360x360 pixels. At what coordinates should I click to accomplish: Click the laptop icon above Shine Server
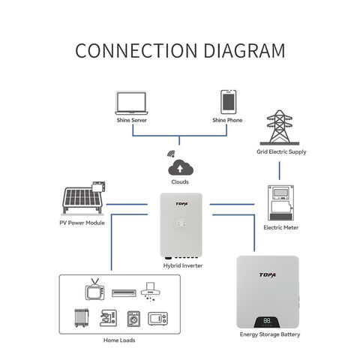coord(131,103)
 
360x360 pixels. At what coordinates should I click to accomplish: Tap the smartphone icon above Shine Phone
coord(228,102)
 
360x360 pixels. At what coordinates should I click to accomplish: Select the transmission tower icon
coord(280,127)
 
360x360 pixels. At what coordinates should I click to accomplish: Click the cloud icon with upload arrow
coord(181,167)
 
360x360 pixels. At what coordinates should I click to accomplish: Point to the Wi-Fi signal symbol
coord(171,154)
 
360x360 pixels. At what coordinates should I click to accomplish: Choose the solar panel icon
coord(83,198)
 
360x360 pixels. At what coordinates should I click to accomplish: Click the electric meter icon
coord(280,202)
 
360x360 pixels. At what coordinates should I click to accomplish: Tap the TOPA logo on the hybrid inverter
coord(181,204)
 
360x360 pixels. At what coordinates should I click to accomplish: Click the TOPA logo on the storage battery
coord(267,275)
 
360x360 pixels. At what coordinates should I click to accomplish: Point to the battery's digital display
coord(267,322)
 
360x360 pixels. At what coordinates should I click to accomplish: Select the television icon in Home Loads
coord(94,289)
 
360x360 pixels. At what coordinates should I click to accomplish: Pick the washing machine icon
coord(133,319)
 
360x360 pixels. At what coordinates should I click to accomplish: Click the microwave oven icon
coord(157,319)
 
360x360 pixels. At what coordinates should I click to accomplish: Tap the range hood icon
coord(151,292)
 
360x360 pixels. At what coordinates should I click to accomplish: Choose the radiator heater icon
coord(82,318)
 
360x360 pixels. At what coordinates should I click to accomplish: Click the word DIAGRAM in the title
coord(244,51)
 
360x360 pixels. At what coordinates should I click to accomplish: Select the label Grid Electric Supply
coord(281,151)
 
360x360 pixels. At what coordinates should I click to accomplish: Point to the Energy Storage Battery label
coord(270,334)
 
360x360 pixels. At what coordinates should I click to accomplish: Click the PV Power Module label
coord(82,223)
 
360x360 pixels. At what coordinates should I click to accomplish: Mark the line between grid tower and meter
coord(280,171)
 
